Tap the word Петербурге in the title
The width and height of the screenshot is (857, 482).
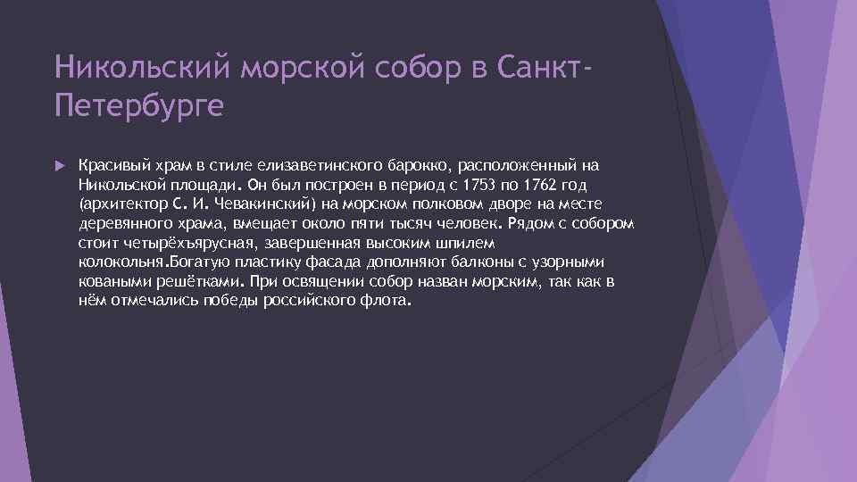pyautogui.click(x=138, y=107)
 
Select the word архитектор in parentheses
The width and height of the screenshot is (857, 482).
pyautogui.click(x=117, y=204)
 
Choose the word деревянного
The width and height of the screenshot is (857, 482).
pyautogui.click(x=121, y=224)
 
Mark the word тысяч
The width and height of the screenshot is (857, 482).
pyautogui.click(x=406, y=224)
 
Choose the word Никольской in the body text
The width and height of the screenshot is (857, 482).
pyautogui.click(x=118, y=186)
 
